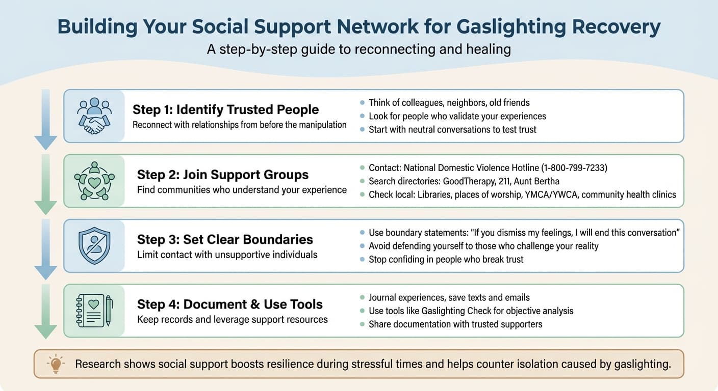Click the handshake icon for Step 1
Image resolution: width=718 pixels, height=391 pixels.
pyautogui.click(x=94, y=116)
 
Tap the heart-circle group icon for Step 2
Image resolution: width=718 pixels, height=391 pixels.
pyautogui.click(x=94, y=181)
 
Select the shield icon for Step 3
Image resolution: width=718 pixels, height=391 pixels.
pyautogui.click(x=94, y=245)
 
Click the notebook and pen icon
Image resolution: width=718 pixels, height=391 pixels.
pyautogui.click(x=94, y=310)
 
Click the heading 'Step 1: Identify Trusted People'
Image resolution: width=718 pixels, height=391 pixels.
pyautogui.click(x=225, y=109)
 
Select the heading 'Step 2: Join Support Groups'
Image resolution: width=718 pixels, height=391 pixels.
pyautogui.click(x=223, y=175)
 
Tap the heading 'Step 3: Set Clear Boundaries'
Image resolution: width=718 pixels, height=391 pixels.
pyautogui.click(x=225, y=239)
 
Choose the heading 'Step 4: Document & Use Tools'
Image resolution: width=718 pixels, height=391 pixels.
pyautogui.click(x=230, y=304)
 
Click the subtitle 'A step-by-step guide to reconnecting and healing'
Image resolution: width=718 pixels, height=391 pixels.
pyautogui.click(x=359, y=49)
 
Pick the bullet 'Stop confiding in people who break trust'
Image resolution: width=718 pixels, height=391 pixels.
pyautogui.click(x=446, y=259)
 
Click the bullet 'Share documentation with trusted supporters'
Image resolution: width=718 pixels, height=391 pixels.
pyautogui.click(x=455, y=324)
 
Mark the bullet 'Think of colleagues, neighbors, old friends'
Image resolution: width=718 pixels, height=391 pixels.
pyautogui.click(x=449, y=102)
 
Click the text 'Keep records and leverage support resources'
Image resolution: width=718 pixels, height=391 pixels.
pyautogui.click(x=233, y=319)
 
